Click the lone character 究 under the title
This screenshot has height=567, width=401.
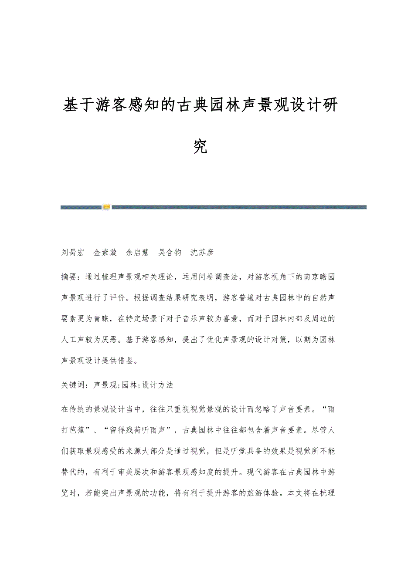click(x=200, y=147)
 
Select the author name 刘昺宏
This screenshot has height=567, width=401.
click(x=72, y=253)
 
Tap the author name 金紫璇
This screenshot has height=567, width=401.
click(x=105, y=253)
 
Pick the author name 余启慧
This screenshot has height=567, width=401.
click(x=137, y=253)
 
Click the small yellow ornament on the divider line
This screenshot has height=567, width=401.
click(x=106, y=207)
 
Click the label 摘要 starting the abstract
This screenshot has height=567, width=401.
click(x=69, y=276)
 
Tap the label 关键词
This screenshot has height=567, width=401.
click(x=72, y=385)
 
